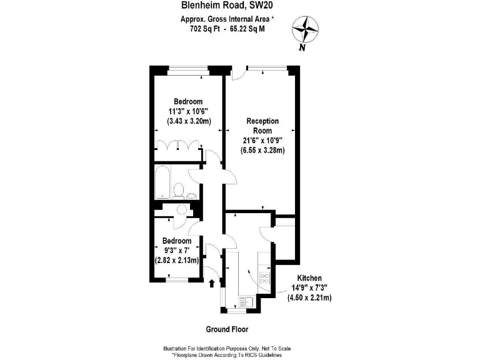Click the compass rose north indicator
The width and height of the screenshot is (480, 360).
(306, 29)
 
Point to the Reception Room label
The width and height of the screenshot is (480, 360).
(262, 126)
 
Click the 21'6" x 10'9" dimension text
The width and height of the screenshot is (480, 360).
(263, 141)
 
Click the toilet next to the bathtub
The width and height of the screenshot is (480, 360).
(179, 190)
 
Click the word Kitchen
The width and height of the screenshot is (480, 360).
(309, 277)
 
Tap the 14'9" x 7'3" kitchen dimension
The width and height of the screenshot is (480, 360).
(309, 287)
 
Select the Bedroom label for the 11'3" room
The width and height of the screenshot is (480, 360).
(187, 102)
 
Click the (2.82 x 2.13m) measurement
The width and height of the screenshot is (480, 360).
(177, 261)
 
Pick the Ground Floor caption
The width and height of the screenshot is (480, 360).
(231, 329)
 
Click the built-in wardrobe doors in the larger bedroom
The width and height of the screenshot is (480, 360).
(179, 146)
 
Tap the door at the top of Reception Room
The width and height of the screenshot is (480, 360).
(237, 74)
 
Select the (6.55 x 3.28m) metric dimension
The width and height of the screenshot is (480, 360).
(263, 151)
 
